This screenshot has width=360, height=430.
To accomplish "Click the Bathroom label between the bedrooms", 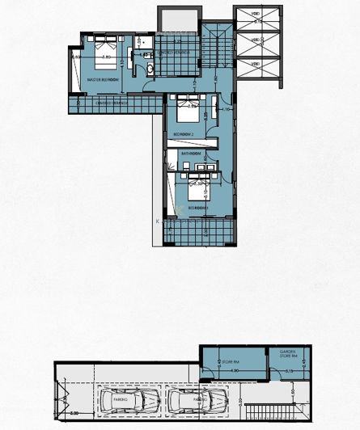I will [192, 152].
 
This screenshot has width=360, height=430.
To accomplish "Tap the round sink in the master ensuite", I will [151, 70].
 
